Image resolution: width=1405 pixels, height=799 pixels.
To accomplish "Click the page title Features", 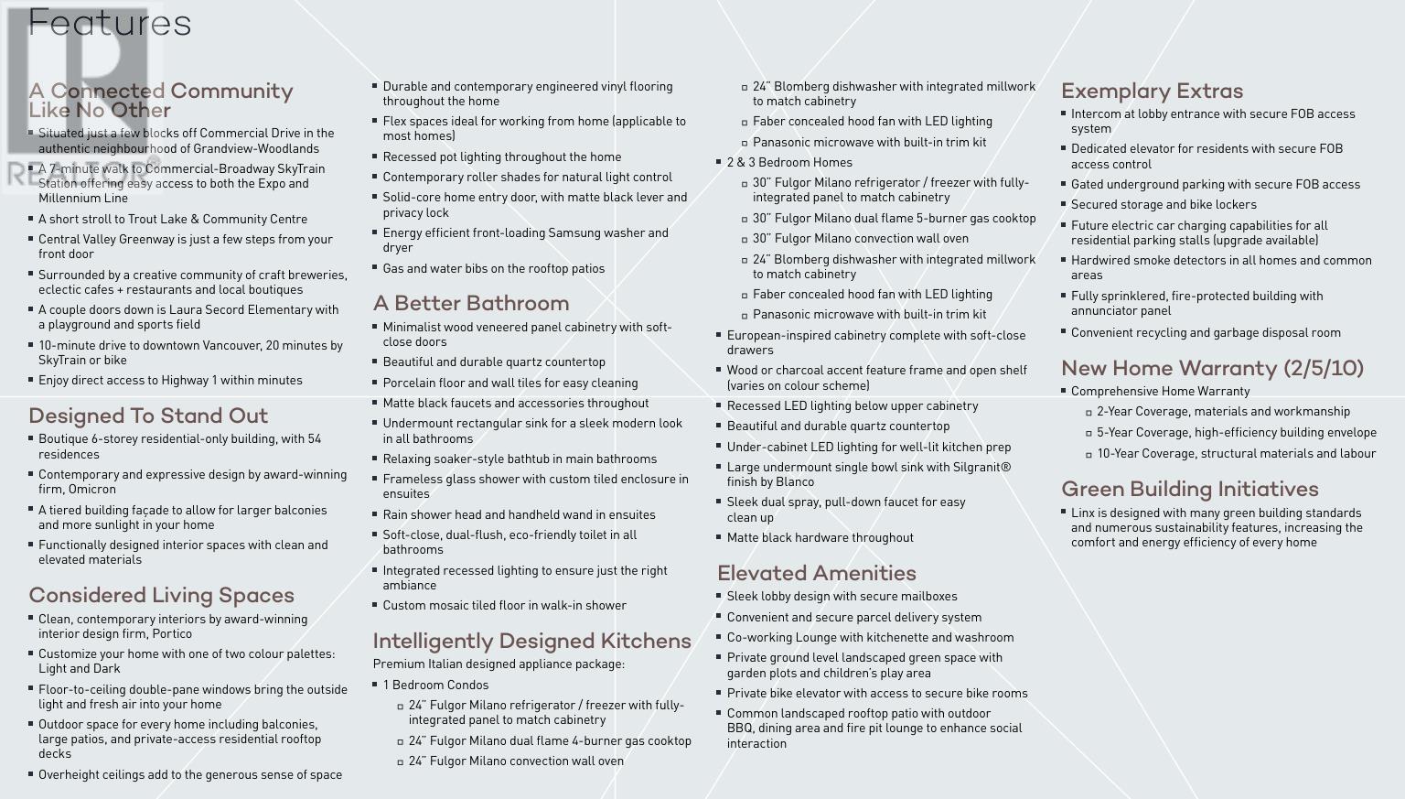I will pos(110,23).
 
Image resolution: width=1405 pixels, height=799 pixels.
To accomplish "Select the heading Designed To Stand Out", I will pos(148,416).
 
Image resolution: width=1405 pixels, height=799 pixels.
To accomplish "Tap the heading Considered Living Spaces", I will pos(161,596).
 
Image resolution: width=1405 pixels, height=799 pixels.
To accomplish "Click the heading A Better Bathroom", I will pos(471,304).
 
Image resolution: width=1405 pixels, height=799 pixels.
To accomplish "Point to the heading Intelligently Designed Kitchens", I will pos(531,642).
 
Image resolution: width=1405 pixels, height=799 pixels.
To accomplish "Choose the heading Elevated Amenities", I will pos(817,574).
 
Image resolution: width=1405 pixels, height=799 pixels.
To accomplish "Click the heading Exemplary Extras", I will pos(1152,92).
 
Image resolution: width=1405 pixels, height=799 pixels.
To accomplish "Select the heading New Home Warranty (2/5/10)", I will pos(1212,369).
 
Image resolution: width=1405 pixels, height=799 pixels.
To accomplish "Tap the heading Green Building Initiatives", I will pos(1189,490).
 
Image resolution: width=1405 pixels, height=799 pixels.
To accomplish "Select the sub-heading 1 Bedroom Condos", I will pos(435,686).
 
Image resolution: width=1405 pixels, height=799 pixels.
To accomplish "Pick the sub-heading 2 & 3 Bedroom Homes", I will pos(789,163).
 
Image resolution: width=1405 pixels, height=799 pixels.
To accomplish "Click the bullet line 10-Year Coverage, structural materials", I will pos(1236,454).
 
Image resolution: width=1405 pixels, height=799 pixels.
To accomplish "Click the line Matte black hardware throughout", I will pos(820,538).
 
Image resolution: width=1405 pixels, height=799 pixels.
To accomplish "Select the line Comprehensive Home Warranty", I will pos(1160,392).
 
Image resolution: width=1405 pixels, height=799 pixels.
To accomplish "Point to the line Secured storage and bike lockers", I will pos(1164,205).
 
